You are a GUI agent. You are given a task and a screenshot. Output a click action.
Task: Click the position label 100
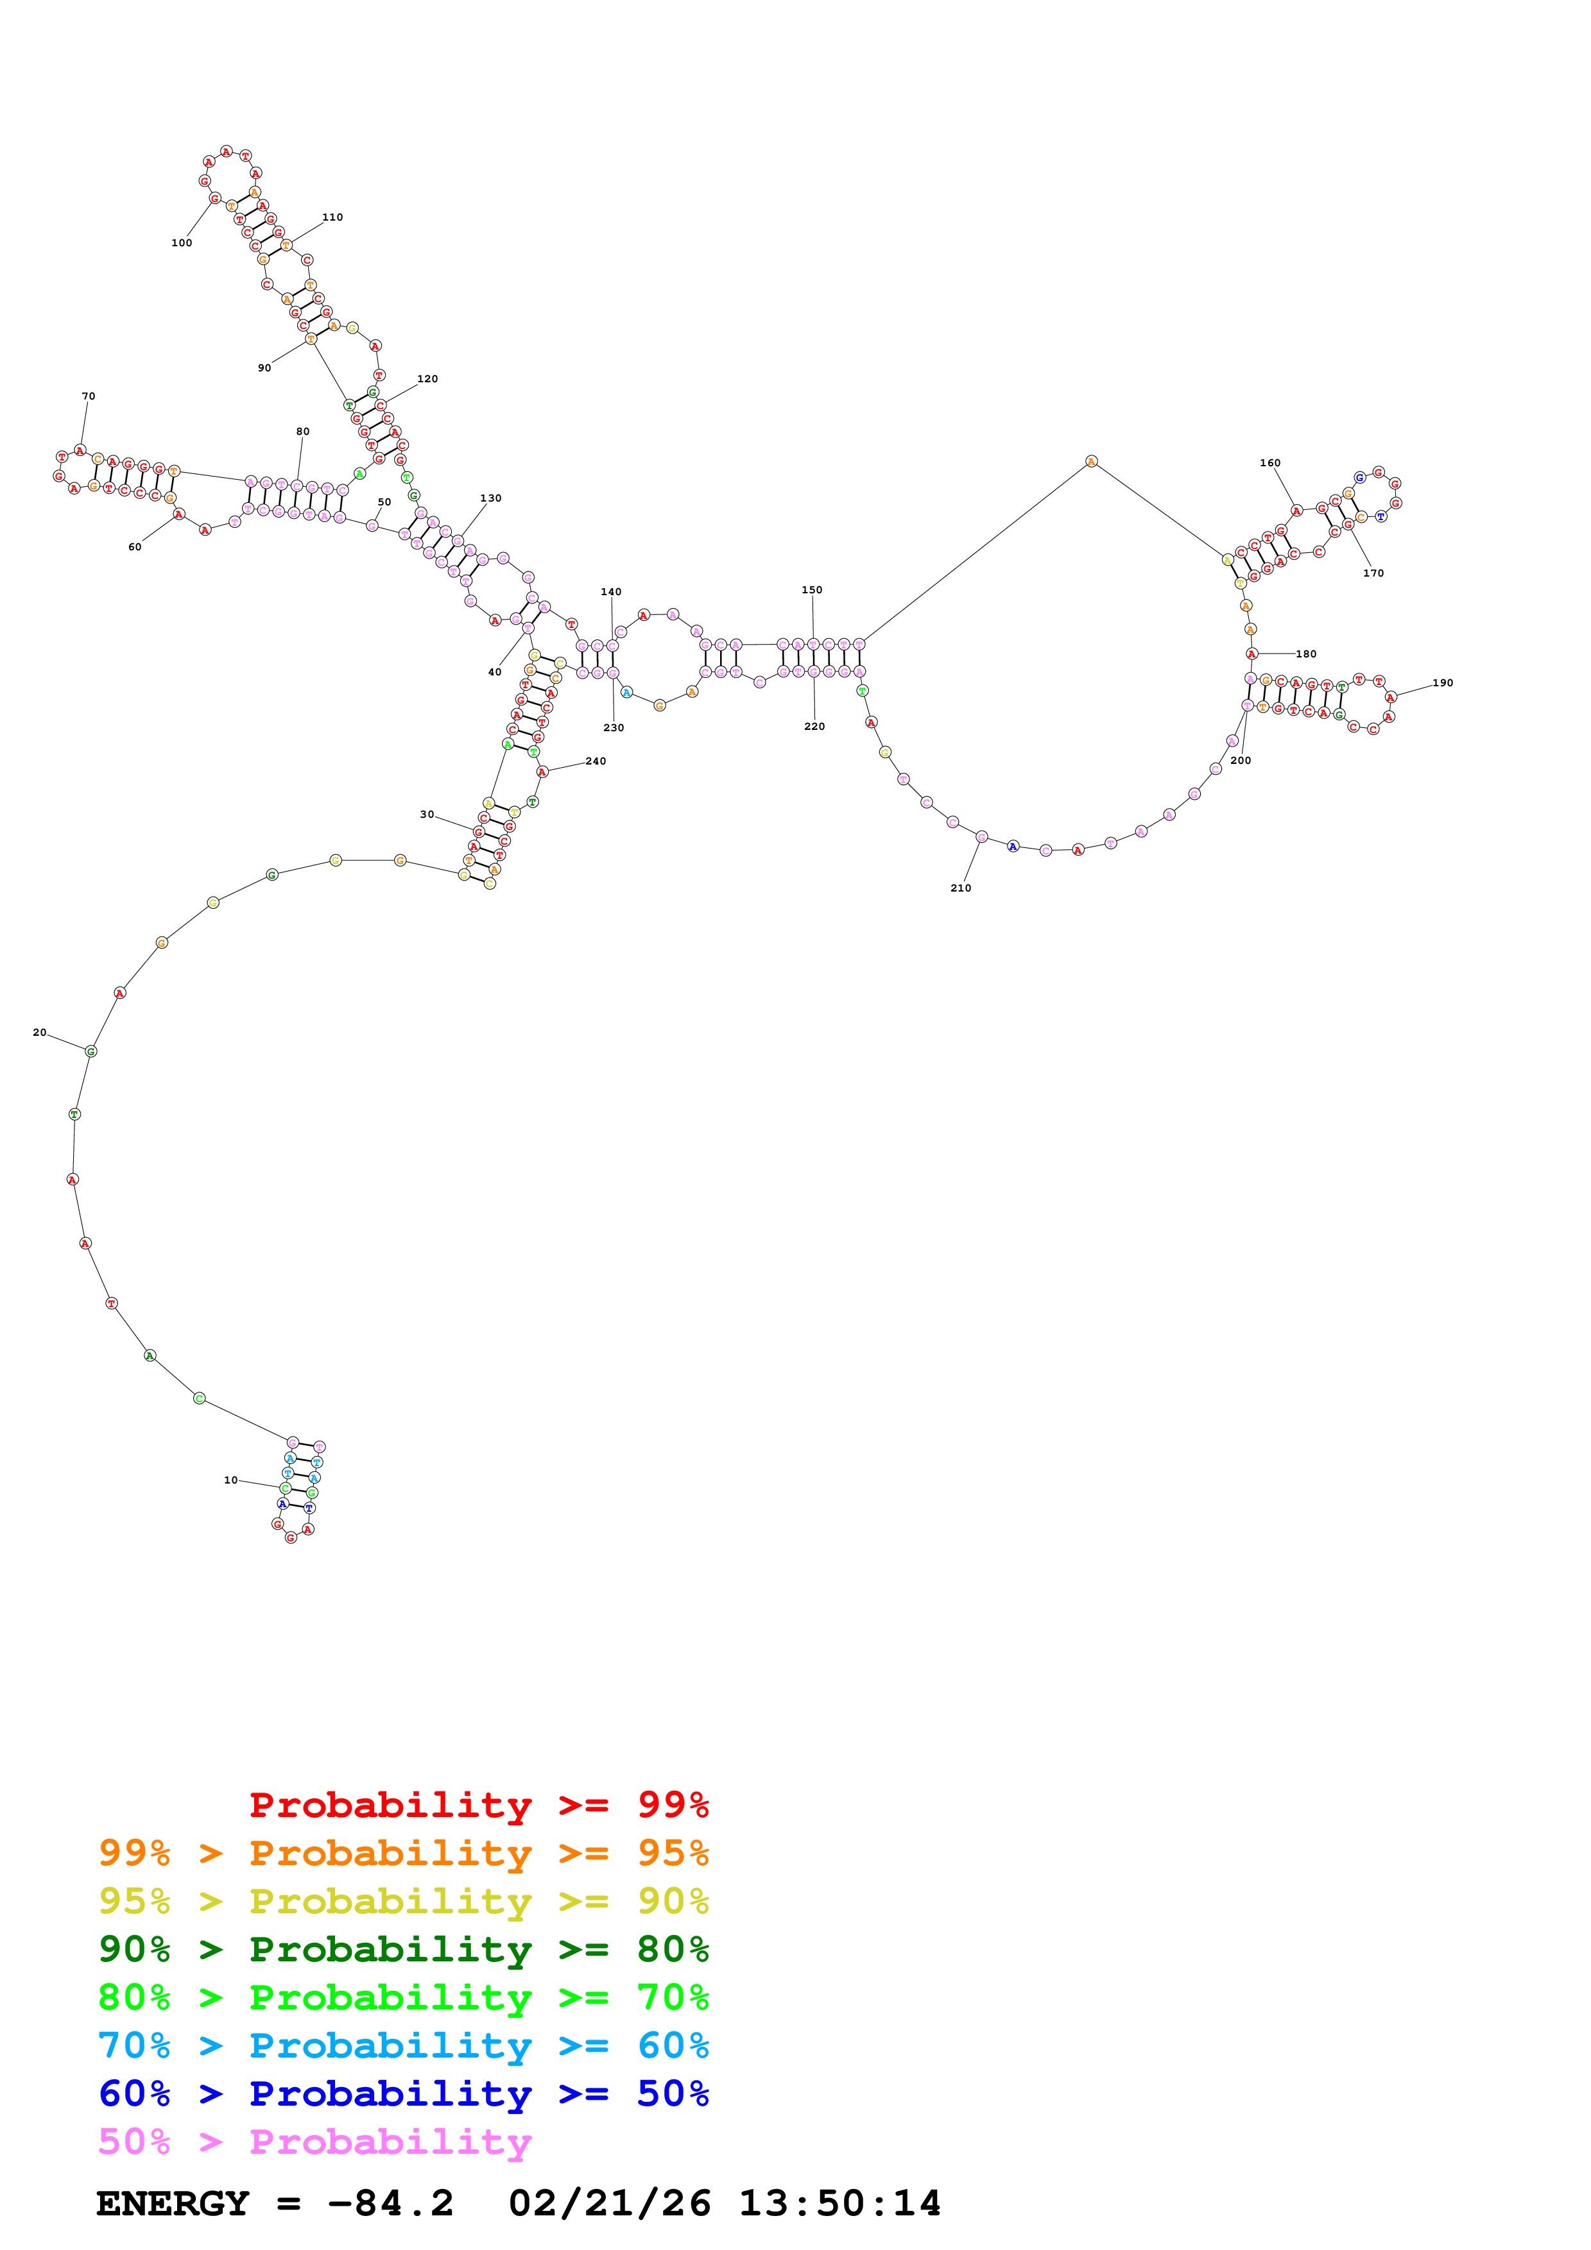[182, 243]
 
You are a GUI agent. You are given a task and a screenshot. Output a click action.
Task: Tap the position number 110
[332, 217]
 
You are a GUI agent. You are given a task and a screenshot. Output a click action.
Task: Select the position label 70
[88, 396]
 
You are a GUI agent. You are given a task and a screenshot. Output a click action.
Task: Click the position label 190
[1442, 683]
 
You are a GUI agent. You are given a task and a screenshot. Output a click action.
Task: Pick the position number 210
[961, 888]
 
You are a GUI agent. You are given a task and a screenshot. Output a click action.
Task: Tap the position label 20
[39, 1032]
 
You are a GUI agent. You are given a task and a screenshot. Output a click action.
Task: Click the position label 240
[596, 761]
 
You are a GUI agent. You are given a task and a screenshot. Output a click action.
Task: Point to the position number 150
[812, 590]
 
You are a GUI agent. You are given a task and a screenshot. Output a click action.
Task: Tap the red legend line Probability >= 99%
[478, 1804]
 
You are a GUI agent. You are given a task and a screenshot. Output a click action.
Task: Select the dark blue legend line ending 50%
[403, 2094]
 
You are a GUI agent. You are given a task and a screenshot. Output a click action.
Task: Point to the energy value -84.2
[390, 2204]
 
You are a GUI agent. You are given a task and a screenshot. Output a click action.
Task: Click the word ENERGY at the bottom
[173, 2204]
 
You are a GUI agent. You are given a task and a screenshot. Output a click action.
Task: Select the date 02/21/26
[610, 2204]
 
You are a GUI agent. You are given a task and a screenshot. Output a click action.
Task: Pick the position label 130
[490, 498]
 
